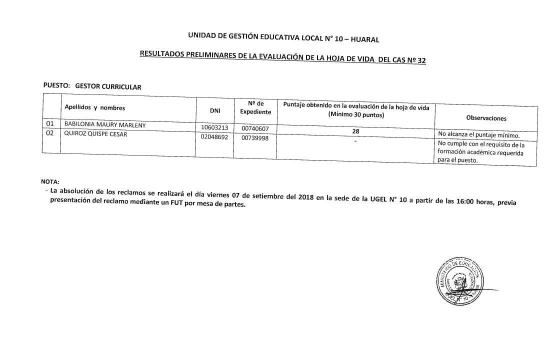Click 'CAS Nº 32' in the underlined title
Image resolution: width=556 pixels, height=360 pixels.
tap(409, 60)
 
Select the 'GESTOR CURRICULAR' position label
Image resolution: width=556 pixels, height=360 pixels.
tap(108, 86)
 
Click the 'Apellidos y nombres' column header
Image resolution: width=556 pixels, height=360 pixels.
tap(95, 107)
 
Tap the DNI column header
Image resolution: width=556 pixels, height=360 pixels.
tap(215, 110)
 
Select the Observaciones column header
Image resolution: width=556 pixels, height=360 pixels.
tap(486, 118)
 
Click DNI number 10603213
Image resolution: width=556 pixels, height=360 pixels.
tap(214, 128)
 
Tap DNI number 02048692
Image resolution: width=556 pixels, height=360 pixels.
tap(214, 137)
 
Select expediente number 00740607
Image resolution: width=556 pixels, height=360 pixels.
tap(255, 129)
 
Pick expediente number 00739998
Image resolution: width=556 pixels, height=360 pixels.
tap(255, 138)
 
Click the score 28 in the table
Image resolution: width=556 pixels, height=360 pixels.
tap(355, 131)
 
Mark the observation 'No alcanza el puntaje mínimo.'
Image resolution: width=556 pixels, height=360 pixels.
tap(479, 135)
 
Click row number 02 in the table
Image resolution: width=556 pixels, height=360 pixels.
tap(49, 133)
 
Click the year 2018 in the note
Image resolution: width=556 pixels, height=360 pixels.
tap(305, 197)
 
